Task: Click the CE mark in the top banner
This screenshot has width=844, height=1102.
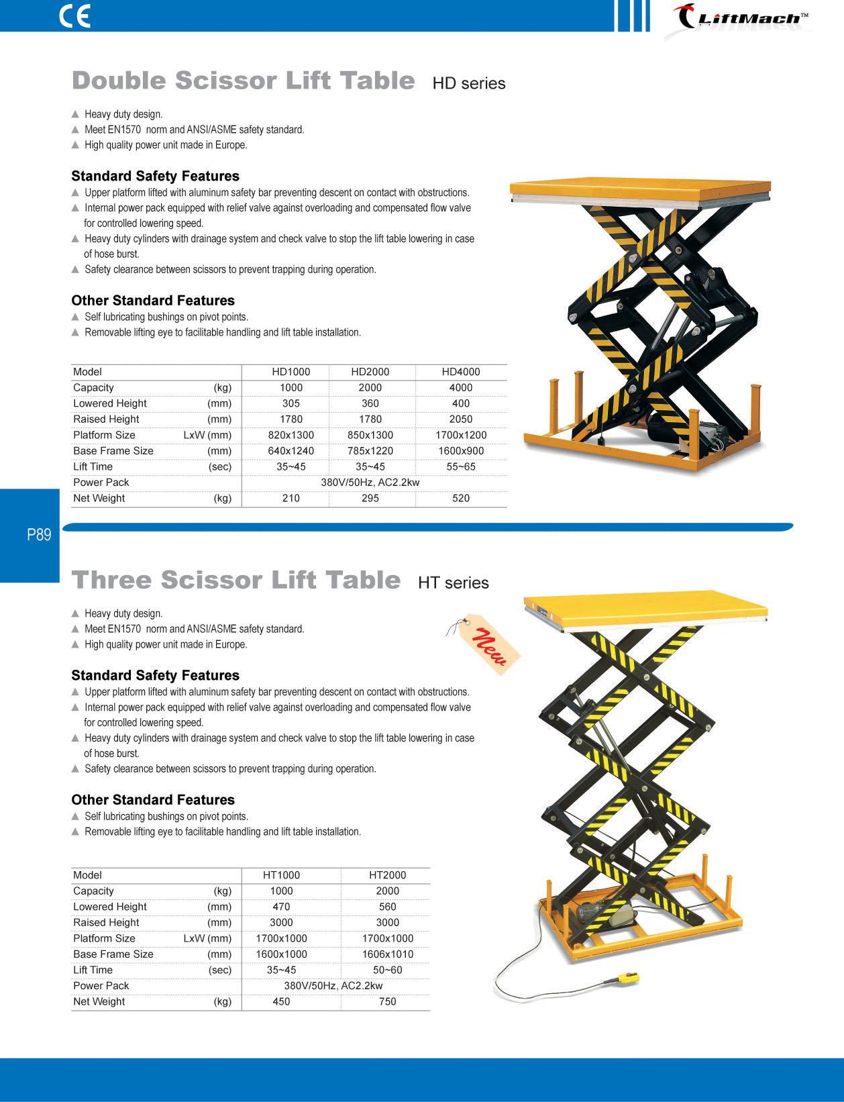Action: click(74, 16)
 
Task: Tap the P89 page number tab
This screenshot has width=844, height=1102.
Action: click(39, 535)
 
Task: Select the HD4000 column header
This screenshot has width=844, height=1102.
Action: click(461, 372)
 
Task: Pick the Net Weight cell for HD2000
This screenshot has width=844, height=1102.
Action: click(370, 498)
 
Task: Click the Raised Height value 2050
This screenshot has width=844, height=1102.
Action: click(461, 419)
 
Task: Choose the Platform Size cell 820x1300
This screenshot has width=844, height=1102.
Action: click(291, 435)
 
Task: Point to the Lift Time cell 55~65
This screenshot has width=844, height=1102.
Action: click(461, 466)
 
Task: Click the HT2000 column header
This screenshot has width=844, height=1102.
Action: click(387, 875)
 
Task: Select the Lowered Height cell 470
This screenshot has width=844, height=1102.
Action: click(281, 907)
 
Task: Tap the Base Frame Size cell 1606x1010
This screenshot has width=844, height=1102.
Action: click(387, 954)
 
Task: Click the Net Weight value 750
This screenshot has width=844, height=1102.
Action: click(387, 1001)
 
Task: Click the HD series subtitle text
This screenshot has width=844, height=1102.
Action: click(468, 84)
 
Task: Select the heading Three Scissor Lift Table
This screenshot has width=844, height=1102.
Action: click(236, 581)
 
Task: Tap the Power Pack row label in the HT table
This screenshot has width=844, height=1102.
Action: click(101, 986)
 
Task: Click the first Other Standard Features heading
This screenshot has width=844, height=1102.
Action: click(153, 301)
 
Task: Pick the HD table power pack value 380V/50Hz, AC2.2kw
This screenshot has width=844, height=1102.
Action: click(370, 483)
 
